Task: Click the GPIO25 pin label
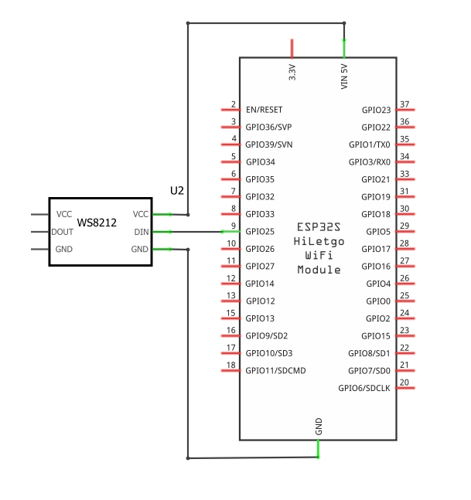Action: (x=260, y=231)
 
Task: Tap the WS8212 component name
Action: (x=97, y=223)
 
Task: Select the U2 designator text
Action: (x=178, y=190)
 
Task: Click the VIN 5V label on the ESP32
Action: (x=344, y=76)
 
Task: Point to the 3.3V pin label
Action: (x=292, y=73)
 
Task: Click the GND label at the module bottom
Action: (x=319, y=425)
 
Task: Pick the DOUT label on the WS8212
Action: (x=63, y=231)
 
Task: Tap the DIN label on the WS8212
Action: (x=141, y=231)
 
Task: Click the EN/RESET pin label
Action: (x=264, y=110)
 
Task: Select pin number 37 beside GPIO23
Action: (x=404, y=104)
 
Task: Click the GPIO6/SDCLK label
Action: (x=364, y=388)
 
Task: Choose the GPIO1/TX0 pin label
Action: (x=370, y=145)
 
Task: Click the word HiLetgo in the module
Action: (x=319, y=241)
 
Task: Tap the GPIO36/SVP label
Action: (x=268, y=127)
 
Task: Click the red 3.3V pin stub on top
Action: (x=292, y=48)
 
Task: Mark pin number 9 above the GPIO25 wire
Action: (x=233, y=226)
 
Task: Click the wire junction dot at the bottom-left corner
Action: (x=188, y=458)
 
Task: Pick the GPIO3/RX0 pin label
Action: (x=370, y=162)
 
